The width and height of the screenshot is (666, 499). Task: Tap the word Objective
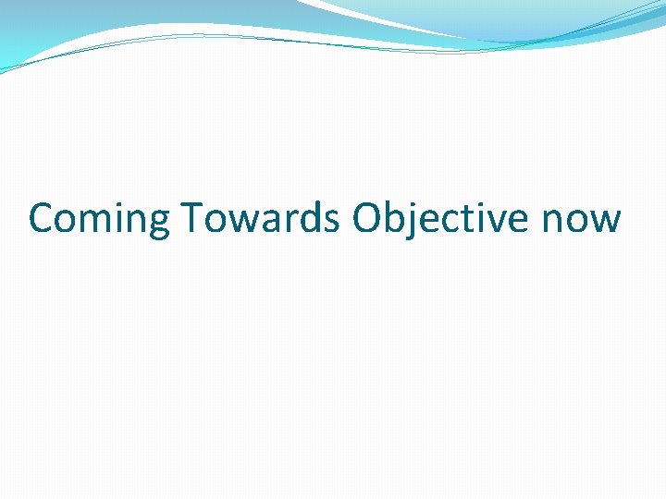pos(439,219)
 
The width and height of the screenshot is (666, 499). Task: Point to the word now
pos(580,221)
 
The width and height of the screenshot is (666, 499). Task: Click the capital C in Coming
pos(42,218)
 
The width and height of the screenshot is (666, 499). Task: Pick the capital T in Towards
pos(192,218)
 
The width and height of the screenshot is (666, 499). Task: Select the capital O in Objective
pos(367,218)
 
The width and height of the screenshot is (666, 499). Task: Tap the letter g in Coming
pos(159,224)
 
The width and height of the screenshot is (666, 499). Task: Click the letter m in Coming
pos(99,222)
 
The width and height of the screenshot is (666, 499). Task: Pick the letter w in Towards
pos(240,222)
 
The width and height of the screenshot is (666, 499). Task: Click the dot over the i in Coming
pos(121,203)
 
